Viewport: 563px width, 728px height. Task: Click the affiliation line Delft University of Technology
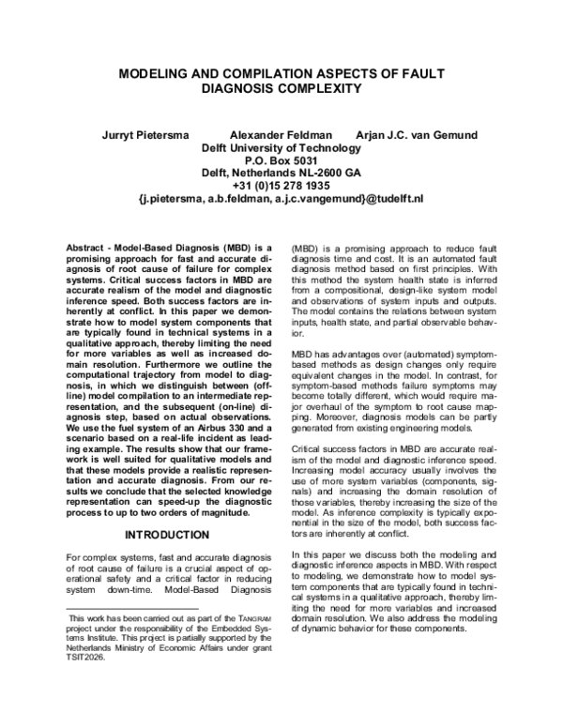click(x=281, y=147)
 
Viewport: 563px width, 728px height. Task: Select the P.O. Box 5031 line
click(x=281, y=160)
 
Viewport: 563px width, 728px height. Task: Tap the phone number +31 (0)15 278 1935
click(x=281, y=186)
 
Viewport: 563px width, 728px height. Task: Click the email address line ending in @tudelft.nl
click(x=281, y=199)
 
